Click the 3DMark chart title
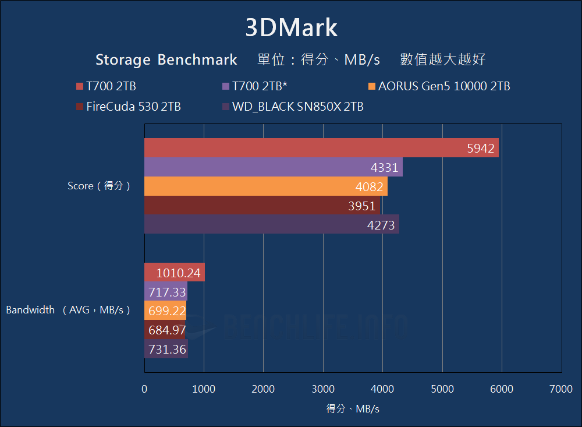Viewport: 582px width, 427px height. tap(291, 28)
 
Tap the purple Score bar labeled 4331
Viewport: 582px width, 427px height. tap(274, 167)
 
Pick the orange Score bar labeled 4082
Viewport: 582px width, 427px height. tap(266, 186)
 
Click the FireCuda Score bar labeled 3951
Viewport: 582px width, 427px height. tap(262, 205)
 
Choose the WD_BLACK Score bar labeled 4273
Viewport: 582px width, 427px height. tap(272, 224)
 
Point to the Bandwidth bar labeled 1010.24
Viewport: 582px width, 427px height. tap(175, 273)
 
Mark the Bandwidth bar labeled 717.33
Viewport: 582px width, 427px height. tap(166, 291)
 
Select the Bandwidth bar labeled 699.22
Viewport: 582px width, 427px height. tap(165, 310)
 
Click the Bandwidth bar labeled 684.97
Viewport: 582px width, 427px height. tap(165, 330)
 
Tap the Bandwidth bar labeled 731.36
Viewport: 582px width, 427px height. tap(166, 349)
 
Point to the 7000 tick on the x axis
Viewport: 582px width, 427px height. tap(561, 389)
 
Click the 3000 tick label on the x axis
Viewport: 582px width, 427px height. tap(323, 389)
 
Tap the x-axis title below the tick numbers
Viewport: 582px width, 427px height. tap(353, 409)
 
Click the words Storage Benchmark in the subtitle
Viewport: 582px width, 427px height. tap(166, 59)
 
